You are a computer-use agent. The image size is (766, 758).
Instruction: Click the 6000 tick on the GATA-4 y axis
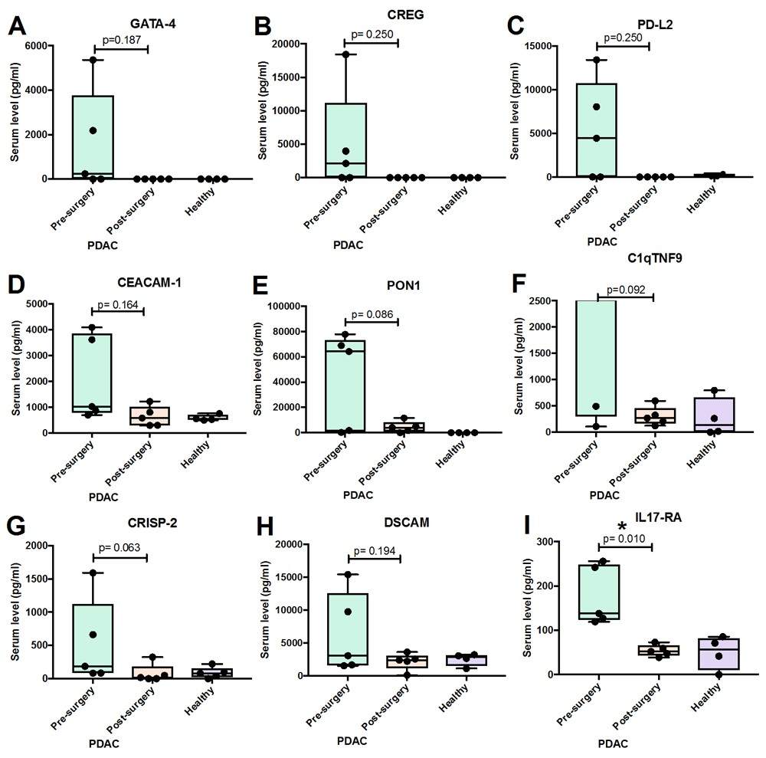click(x=33, y=45)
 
